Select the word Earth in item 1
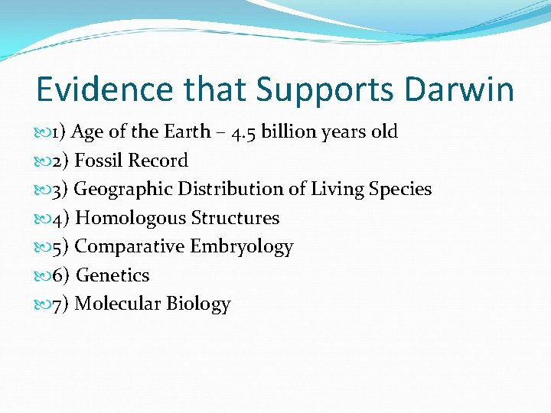point(186,132)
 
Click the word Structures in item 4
point(235,218)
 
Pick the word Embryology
point(242,246)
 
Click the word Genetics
point(112,275)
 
